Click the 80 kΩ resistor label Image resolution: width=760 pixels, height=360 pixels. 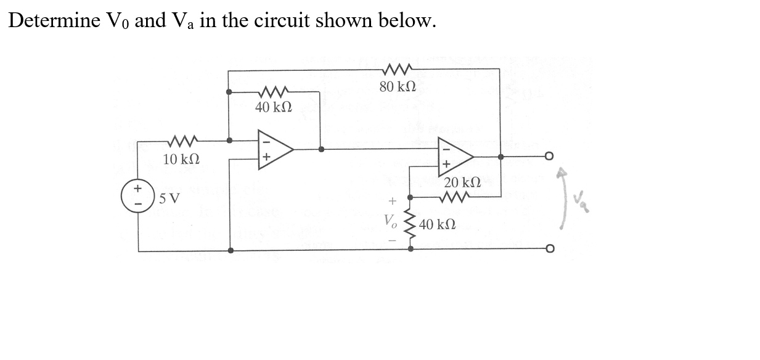coord(398,86)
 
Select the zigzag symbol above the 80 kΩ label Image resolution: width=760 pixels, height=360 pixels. coord(398,69)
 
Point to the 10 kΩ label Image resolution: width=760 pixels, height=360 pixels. coord(181,159)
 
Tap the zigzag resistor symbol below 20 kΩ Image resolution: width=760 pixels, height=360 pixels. coord(457,197)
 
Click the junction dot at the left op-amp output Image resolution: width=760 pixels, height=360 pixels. coord(321,149)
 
